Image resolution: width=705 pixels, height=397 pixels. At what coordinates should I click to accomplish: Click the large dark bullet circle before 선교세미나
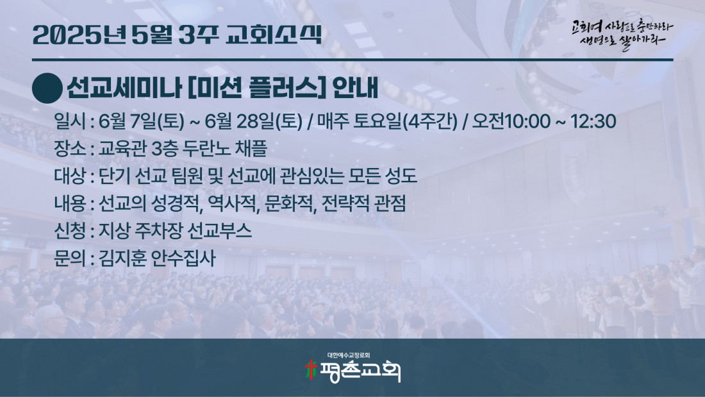coord(47,89)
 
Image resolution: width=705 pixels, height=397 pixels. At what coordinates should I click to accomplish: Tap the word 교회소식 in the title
coord(274,34)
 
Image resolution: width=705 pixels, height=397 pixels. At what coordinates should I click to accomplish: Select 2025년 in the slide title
coord(79,34)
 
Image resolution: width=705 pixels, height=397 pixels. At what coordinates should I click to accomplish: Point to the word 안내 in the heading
coord(355,88)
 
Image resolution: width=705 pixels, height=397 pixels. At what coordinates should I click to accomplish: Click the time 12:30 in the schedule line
coord(593,121)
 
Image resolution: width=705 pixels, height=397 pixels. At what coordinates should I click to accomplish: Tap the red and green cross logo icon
coord(311,370)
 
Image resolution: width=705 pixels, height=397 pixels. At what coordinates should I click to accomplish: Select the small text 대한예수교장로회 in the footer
coord(349,355)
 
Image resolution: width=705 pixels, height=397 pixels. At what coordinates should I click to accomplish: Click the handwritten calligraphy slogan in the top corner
coord(622,34)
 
